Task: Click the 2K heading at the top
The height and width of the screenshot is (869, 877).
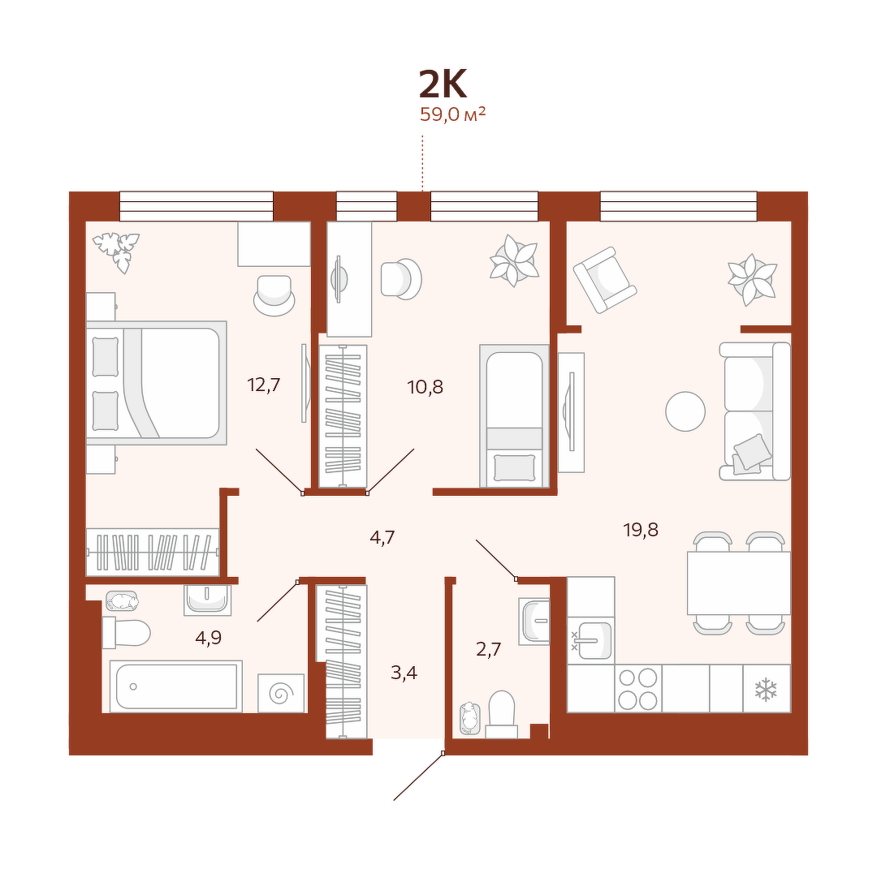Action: (443, 84)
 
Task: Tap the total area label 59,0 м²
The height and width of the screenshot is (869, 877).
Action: (452, 114)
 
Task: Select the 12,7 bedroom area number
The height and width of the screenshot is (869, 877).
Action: (263, 385)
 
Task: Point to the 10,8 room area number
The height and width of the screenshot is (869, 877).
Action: (425, 387)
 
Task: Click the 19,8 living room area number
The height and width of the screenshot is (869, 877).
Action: (641, 529)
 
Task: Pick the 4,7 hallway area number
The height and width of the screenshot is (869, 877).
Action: (382, 538)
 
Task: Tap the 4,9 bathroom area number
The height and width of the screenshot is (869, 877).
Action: (208, 638)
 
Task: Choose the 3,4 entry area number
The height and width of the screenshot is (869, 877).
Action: (404, 673)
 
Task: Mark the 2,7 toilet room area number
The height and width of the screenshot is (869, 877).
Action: (488, 649)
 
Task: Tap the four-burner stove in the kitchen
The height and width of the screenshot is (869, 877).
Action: (638, 689)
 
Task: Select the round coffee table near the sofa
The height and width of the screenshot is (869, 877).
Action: (685, 411)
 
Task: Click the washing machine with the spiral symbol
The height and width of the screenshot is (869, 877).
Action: (281, 693)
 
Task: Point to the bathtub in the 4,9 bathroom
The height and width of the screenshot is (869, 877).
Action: (176, 686)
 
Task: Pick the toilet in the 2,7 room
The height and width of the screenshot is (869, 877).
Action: (501, 715)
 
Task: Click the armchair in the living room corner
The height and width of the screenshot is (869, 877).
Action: (605, 280)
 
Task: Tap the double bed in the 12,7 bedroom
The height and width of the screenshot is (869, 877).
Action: (157, 383)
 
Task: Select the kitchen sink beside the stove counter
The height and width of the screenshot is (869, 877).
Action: (591, 640)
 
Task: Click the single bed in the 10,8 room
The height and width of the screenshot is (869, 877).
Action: (514, 415)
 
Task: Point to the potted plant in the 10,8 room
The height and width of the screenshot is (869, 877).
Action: (514, 260)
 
